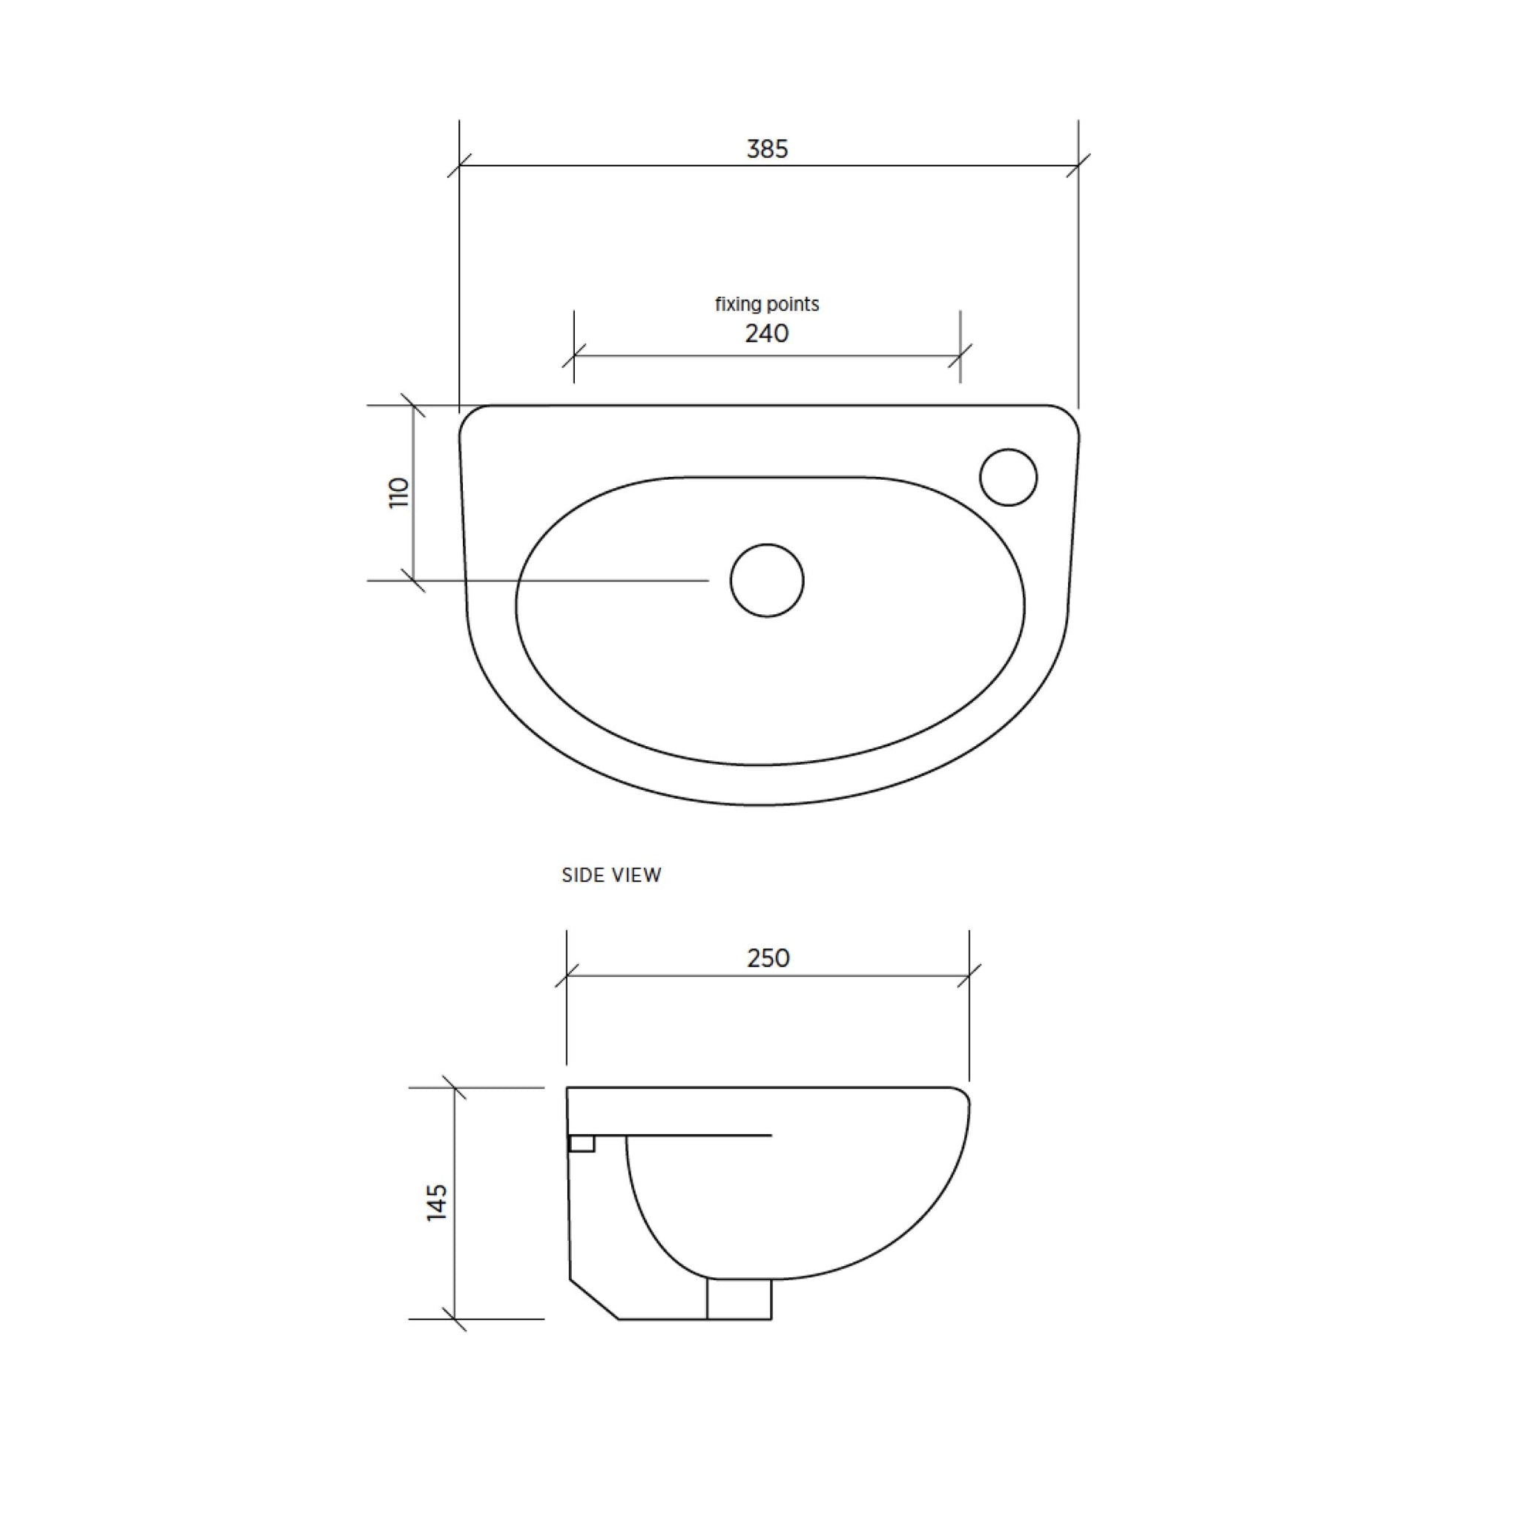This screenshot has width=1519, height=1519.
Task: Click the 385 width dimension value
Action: click(x=767, y=148)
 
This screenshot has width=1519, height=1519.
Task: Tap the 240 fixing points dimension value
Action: click(x=767, y=333)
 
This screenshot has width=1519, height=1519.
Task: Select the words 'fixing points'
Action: click(x=767, y=304)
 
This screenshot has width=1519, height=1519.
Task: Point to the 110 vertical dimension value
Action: click(x=400, y=493)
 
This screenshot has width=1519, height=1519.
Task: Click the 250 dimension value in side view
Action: click(x=768, y=958)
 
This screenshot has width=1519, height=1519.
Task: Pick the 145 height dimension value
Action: click(x=437, y=1202)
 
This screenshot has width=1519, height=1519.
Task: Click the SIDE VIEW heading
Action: click(x=612, y=875)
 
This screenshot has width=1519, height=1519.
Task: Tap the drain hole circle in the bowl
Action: click(x=767, y=580)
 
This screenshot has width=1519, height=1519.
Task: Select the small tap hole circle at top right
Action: click(x=1008, y=476)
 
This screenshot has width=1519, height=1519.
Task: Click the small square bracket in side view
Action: click(x=581, y=1143)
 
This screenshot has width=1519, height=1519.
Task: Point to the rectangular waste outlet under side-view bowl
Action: click(x=738, y=1298)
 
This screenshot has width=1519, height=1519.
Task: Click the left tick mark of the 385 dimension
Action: click(x=459, y=166)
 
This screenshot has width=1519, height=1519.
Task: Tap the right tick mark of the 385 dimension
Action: click(x=1078, y=166)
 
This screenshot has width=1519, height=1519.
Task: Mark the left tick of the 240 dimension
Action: click(x=574, y=356)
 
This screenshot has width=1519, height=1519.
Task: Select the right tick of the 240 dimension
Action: click(x=960, y=356)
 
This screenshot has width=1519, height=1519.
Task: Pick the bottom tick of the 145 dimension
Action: click(x=455, y=1319)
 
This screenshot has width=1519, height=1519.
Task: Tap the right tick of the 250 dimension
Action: click(x=969, y=976)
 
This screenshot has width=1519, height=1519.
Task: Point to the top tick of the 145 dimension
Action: click(x=455, y=1087)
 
